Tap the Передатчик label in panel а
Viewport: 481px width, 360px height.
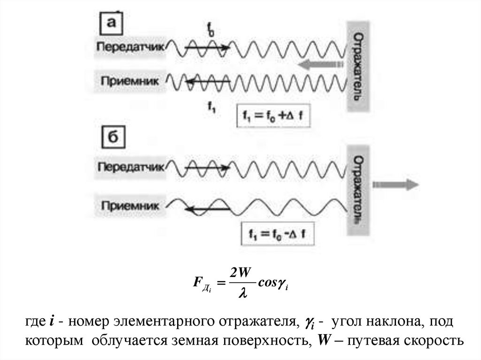click(x=130, y=47)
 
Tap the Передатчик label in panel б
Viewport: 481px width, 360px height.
click(x=130, y=166)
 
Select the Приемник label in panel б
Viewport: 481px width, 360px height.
click(x=130, y=205)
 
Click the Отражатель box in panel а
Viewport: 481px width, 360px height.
click(x=359, y=66)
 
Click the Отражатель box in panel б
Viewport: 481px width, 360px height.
click(x=359, y=190)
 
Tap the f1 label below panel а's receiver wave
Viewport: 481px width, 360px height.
click(x=211, y=106)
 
